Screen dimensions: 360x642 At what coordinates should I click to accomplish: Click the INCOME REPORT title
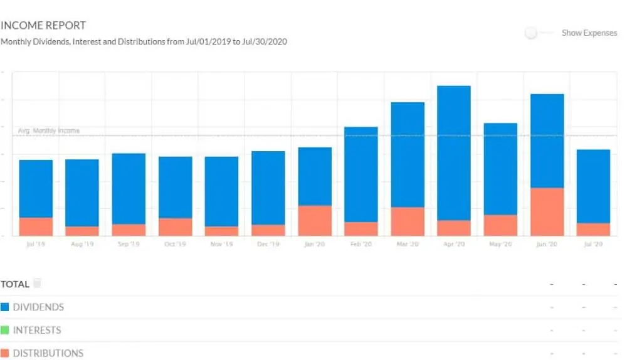click(43, 26)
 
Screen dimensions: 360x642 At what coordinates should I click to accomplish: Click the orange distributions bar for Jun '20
click(547, 212)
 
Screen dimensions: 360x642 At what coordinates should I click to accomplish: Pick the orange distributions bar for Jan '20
click(315, 221)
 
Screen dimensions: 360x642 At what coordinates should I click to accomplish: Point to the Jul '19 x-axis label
click(36, 244)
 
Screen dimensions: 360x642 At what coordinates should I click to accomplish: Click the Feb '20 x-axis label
click(361, 244)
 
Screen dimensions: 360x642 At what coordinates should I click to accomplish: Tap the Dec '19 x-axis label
click(268, 244)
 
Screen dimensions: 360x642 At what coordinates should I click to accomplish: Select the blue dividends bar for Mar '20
click(408, 154)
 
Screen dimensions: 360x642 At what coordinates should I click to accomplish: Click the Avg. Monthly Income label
click(48, 131)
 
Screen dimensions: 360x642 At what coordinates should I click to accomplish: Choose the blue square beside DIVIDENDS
click(5, 307)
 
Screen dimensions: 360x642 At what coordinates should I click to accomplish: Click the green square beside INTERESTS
click(5, 330)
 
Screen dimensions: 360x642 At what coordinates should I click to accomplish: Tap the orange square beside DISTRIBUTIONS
click(5, 353)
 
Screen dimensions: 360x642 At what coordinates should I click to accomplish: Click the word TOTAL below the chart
click(15, 284)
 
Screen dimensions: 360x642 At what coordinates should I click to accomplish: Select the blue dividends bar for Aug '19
click(82, 193)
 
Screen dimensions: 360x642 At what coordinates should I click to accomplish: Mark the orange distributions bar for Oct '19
click(176, 227)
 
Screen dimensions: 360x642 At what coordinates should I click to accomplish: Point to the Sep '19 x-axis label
click(129, 244)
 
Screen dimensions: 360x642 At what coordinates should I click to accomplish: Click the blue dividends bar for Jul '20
click(593, 186)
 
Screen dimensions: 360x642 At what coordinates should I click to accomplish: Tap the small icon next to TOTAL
click(38, 284)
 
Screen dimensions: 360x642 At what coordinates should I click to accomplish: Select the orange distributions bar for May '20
click(500, 225)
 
